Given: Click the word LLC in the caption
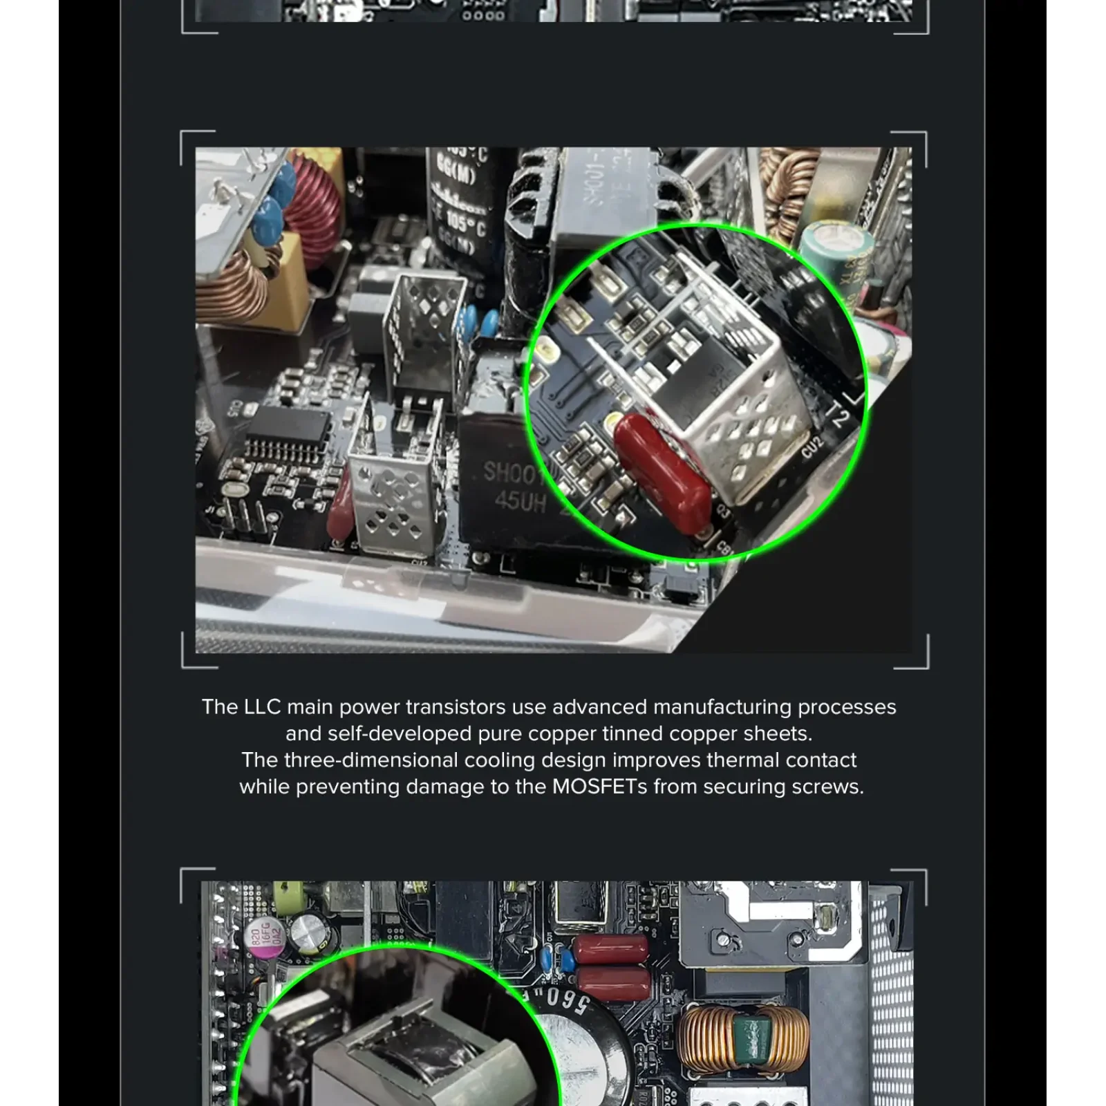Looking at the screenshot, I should click(x=262, y=707).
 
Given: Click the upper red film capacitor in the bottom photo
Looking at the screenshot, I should click(x=612, y=950).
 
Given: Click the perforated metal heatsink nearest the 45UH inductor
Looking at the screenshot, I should click(x=393, y=496).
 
